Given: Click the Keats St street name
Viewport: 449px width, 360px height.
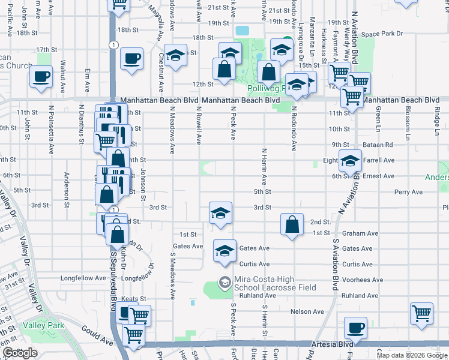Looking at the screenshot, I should [134, 298].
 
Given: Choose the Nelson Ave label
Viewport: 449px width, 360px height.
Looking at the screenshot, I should [308, 311].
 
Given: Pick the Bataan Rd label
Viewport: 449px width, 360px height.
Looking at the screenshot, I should [380, 145].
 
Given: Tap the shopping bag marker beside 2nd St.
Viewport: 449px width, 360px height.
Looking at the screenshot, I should [292, 226].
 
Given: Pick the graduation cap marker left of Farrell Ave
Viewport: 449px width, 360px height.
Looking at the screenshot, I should [350, 160].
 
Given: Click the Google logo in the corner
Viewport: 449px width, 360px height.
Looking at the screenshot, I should [20, 353].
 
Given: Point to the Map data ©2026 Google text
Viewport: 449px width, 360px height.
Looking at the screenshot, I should [412, 355].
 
